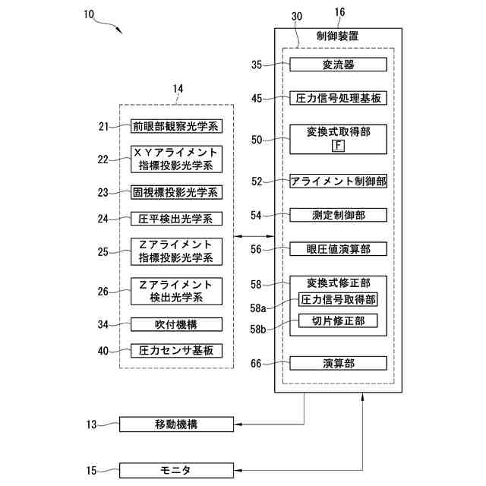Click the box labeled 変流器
point(338,65)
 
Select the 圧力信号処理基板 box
point(338,98)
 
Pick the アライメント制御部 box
point(338,181)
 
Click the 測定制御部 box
point(338,216)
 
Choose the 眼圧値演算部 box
point(338,249)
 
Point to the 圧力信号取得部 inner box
point(338,300)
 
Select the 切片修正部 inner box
point(338,321)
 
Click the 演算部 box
point(338,364)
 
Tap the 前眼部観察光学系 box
point(176,126)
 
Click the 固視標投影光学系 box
point(176,192)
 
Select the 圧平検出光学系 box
point(176,219)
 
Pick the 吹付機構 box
point(176,324)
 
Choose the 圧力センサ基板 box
point(176,351)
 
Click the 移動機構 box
point(179,424)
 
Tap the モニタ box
point(179,471)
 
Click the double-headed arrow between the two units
point(254,238)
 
